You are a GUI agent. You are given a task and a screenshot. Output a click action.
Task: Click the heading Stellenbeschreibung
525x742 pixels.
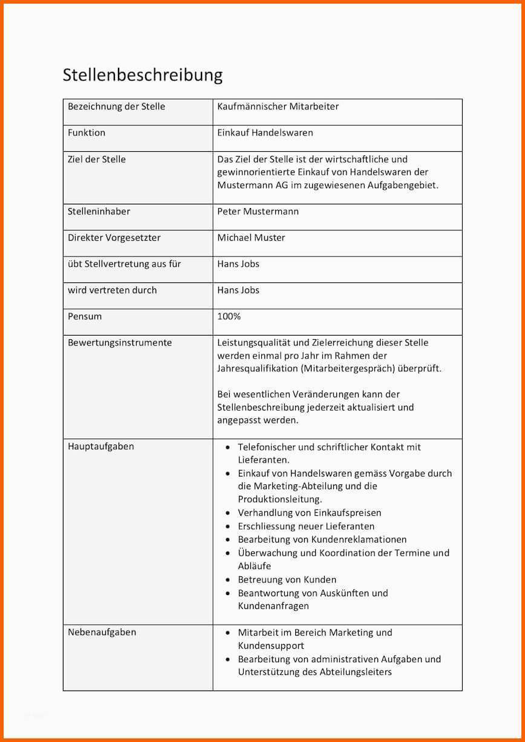click(x=143, y=75)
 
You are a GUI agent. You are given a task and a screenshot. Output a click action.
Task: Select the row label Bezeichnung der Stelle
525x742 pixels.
click(x=116, y=106)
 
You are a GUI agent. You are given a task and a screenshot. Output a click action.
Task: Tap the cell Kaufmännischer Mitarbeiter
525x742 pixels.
click(x=278, y=106)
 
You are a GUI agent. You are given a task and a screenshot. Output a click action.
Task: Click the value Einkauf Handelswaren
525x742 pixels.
click(x=265, y=132)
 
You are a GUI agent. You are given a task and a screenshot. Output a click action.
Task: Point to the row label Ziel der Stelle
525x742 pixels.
click(x=97, y=159)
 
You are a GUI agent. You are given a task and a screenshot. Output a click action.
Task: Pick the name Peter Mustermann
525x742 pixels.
click(x=258, y=212)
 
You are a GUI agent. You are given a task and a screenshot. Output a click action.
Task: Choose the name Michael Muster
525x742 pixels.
click(x=251, y=238)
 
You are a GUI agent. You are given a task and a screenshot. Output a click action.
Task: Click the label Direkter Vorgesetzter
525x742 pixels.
click(x=114, y=238)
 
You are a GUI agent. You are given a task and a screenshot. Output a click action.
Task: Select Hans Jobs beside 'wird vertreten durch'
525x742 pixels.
click(x=238, y=290)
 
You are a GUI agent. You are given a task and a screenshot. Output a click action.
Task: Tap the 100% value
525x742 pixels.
click(x=229, y=316)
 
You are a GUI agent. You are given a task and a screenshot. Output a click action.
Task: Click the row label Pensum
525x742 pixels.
click(x=85, y=316)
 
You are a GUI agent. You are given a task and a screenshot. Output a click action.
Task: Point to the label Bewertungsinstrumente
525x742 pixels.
click(x=120, y=343)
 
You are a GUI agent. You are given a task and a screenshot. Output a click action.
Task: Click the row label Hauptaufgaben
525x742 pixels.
click(x=101, y=446)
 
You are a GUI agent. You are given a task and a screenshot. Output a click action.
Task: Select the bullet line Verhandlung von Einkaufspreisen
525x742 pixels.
click(x=309, y=513)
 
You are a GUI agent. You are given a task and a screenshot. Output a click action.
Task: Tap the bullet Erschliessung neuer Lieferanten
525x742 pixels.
click(x=305, y=526)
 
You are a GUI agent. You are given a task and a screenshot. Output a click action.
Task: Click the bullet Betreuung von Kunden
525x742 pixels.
click(x=287, y=579)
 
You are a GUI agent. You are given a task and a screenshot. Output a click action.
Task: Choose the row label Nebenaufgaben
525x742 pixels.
click(x=102, y=632)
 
